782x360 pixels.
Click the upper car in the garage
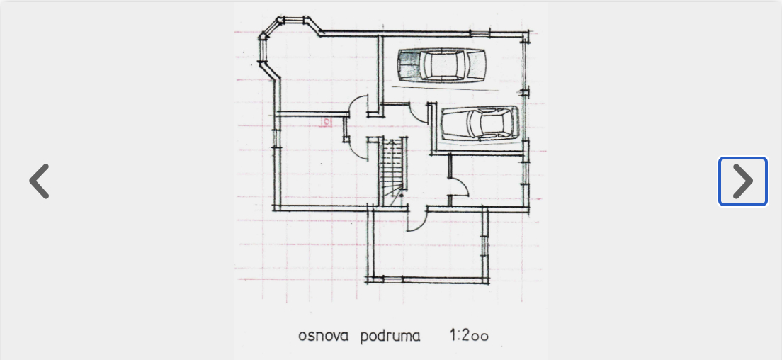(x=442, y=64)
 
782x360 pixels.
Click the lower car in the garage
(x=480, y=123)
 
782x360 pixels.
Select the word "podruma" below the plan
(x=390, y=336)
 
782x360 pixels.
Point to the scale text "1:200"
(x=469, y=335)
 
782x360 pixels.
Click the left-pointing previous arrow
(x=40, y=181)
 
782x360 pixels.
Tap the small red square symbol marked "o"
(x=326, y=122)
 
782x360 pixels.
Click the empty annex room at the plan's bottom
(x=427, y=245)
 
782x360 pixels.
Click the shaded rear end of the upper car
(x=407, y=64)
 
